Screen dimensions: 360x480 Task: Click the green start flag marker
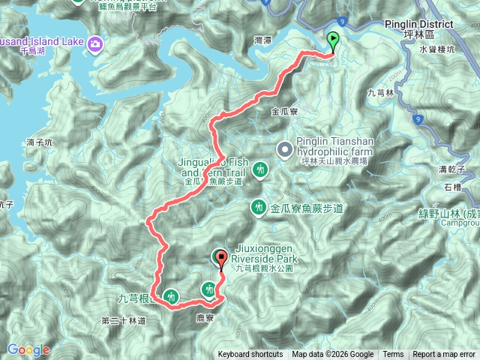coord(333,41)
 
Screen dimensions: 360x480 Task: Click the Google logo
coord(28,349)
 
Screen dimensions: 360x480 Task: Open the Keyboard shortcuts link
coord(250,355)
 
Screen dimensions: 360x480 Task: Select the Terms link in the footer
coord(393,355)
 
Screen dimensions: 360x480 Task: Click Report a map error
coord(444,355)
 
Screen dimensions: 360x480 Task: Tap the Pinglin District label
coord(426,25)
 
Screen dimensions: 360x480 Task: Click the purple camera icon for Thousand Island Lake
coord(95,43)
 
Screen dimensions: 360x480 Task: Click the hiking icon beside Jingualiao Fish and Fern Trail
coord(260,169)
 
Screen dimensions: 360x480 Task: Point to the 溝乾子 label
coord(454,170)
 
